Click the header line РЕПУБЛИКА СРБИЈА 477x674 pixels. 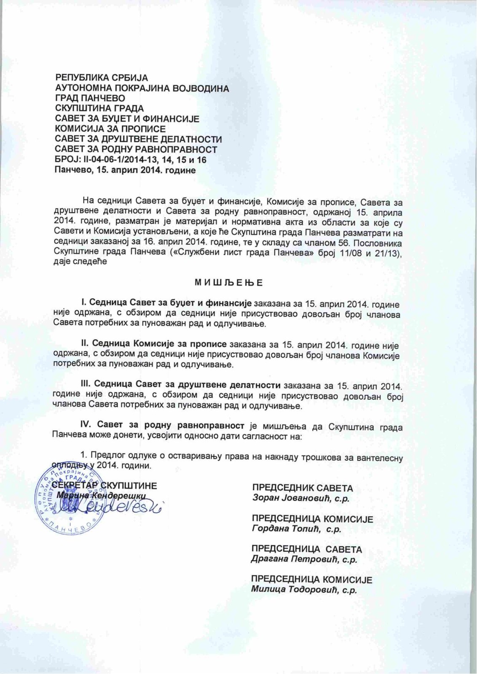(102, 78)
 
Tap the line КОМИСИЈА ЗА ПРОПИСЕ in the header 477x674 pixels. (110, 129)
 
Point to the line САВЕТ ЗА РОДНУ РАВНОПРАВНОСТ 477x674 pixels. (136, 150)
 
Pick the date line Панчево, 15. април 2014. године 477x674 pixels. (125, 171)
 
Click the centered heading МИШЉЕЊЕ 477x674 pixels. (229, 282)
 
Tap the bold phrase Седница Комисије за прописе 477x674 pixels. (159, 344)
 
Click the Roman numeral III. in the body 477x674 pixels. (86, 385)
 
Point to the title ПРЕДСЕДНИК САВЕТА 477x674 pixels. (303, 488)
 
